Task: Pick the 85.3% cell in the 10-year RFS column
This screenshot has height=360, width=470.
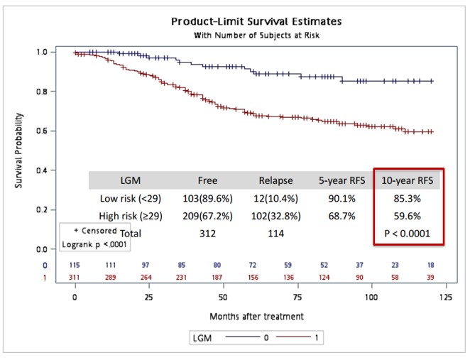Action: click(x=408, y=199)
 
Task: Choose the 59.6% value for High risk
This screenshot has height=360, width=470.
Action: click(x=408, y=216)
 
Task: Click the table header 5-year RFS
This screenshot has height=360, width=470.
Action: click(x=342, y=180)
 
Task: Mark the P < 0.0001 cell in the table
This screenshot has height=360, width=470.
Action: click(x=408, y=232)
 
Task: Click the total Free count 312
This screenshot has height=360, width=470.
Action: click(x=207, y=232)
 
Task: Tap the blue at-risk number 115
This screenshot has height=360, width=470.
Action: click(x=75, y=265)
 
